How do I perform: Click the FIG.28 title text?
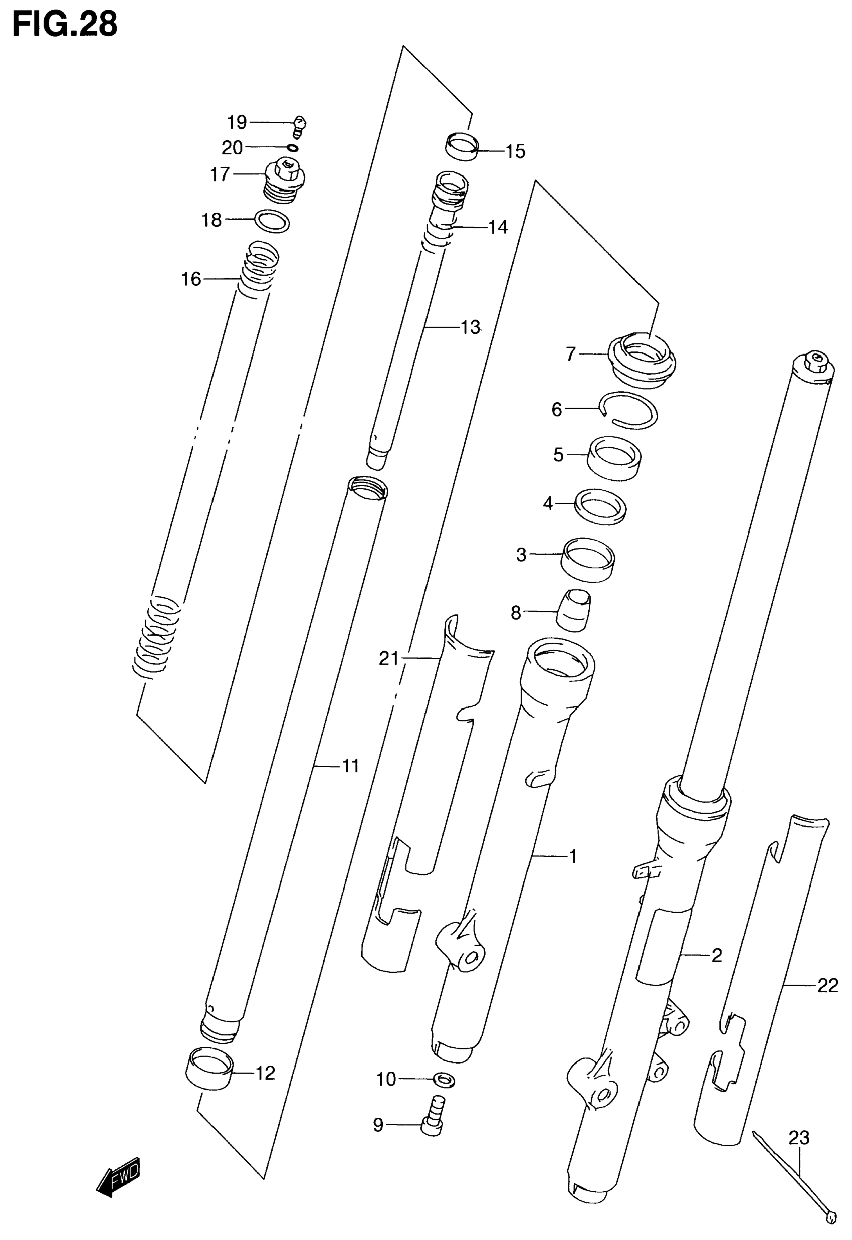tap(65, 24)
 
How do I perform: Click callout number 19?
tap(237, 123)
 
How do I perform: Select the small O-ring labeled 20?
tap(293, 148)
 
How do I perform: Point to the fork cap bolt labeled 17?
tap(285, 183)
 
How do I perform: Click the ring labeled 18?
tap(273, 221)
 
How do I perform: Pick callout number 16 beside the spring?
tap(191, 279)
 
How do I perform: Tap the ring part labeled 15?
tap(462, 147)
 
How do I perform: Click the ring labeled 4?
tap(600, 505)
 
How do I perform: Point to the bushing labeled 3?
tap(588, 559)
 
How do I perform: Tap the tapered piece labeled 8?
tap(574, 610)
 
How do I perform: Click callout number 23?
tap(799, 1138)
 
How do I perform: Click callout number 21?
tap(388, 659)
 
